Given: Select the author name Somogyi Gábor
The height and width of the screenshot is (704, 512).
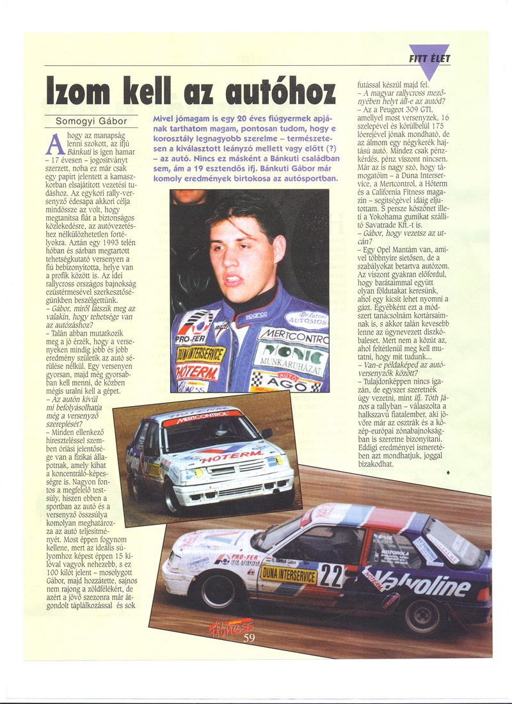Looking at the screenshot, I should click(x=91, y=121).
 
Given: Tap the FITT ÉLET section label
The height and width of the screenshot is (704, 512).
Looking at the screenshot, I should click(x=434, y=59).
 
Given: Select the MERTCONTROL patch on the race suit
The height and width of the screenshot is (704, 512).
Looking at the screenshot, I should click(x=292, y=335).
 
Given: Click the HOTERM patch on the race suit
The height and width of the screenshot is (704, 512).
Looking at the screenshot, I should click(x=197, y=371).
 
